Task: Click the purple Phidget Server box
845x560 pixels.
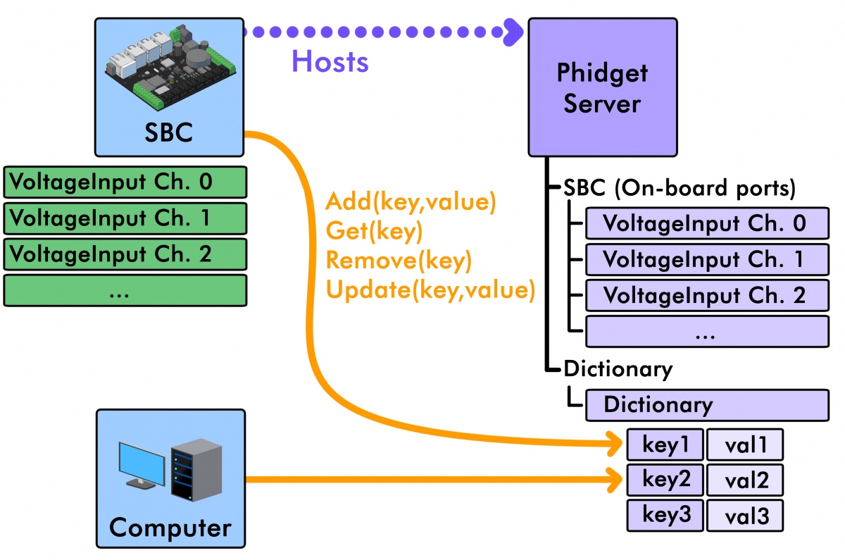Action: click(x=602, y=87)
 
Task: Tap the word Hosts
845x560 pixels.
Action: click(x=330, y=62)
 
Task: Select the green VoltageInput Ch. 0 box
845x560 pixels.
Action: click(x=125, y=182)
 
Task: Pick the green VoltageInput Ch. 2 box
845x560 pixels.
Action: click(x=125, y=253)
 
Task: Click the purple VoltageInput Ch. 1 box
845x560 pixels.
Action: click(x=706, y=260)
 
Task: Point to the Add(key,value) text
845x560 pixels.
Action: click(x=411, y=203)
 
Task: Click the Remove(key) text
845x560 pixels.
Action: click(x=398, y=261)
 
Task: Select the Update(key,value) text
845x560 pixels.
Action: click(x=430, y=290)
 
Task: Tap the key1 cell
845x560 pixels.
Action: click(x=664, y=444)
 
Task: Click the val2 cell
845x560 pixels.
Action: click(x=744, y=481)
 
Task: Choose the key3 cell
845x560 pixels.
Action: click(x=664, y=515)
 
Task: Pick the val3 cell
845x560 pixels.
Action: click(x=744, y=517)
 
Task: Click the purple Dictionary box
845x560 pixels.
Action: click(x=706, y=405)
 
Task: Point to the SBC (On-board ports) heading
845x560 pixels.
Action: click(x=680, y=189)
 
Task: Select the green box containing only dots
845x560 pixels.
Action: click(x=125, y=290)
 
